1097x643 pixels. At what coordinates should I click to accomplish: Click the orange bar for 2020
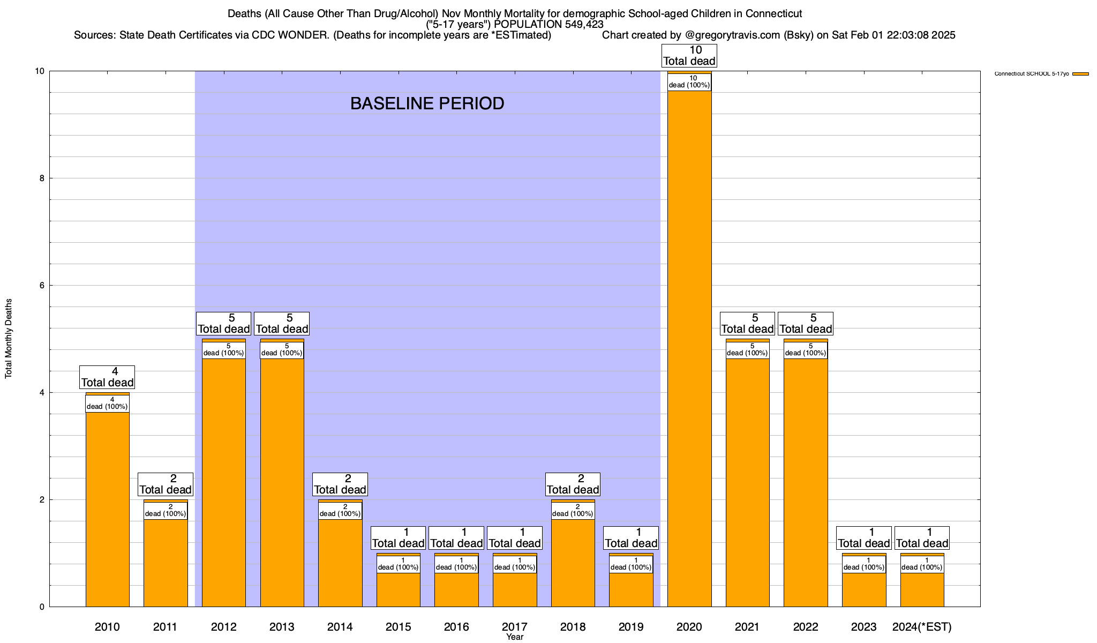[x=689, y=348]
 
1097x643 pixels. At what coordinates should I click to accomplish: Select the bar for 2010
[x=107, y=509]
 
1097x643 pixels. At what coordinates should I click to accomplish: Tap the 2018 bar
[x=573, y=563]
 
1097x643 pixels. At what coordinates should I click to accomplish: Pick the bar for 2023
[x=864, y=589]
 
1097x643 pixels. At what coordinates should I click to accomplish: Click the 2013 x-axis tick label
[x=282, y=627]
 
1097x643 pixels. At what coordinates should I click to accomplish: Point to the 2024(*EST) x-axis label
[x=922, y=627]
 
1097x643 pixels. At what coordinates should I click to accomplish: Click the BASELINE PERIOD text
[x=427, y=103]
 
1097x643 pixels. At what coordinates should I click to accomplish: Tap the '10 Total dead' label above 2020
[x=689, y=56]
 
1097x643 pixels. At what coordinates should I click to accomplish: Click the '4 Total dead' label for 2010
[x=107, y=377]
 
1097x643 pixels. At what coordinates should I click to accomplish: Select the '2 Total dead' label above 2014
[x=340, y=484]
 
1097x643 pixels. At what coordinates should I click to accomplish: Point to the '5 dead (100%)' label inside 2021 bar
[x=747, y=350]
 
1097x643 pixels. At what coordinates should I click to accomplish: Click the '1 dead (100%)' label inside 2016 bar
[x=456, y=564]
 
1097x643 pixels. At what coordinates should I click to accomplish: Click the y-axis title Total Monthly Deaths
[x=9, y=339]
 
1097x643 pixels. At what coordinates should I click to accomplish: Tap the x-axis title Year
[x=515, y=637]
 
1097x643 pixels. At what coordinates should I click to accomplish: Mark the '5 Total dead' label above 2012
[x=223, y=324]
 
